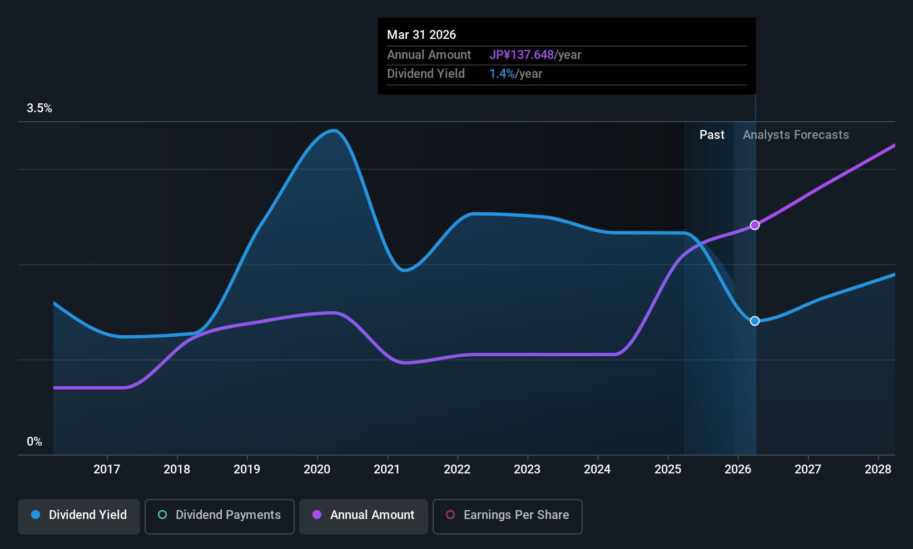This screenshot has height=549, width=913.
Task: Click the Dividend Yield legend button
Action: [79, 515]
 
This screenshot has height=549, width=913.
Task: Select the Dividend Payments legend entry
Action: [220, 515]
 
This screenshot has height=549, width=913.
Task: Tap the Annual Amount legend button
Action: [364, 515]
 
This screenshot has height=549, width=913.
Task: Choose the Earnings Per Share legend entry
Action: [507, 515]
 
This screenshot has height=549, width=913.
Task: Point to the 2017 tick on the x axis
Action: [107, 470]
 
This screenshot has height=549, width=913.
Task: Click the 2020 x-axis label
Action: [317, 470]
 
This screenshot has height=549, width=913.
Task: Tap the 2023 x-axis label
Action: [527, 470]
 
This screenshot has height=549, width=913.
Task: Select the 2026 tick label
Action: [738, 470]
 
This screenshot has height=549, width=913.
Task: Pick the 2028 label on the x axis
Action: [878, 470]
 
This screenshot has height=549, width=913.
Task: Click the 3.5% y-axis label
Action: [39, 108]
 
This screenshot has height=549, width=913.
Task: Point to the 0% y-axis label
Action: [34, 442]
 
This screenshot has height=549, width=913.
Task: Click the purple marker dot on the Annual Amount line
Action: [755, 225]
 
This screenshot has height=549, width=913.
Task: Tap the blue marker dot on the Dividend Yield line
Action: [755, 321]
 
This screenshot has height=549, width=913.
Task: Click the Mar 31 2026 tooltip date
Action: [421, 35]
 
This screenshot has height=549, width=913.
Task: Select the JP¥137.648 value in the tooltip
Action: [522, 55]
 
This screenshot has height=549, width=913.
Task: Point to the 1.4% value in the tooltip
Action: [502, 74]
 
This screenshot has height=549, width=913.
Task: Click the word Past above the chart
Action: [712, 135]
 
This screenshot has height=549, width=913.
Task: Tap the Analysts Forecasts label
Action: [796, 135]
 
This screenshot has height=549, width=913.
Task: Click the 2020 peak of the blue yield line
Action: [334, 131]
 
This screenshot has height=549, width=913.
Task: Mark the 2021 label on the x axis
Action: [387, 470]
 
